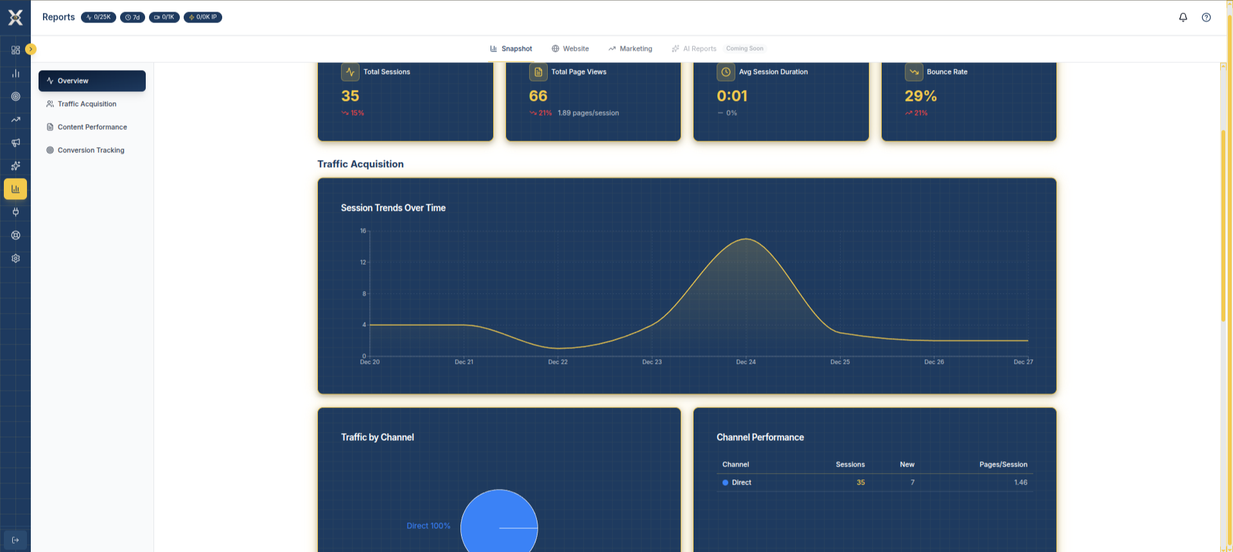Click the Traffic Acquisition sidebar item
[x=87, y=104]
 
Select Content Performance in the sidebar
[x=92, y=127]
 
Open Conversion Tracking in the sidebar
[x=91, y=150]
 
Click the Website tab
[x=570, y=49]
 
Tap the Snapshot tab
[x=511, y=49]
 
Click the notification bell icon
[x=1183, y=17]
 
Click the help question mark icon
[x=1206, y=17]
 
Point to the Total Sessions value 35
[x=350, y=96]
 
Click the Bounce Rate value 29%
[x=920, y=96]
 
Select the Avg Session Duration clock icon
[x=726, y=72]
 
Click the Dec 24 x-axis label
[x=746, y=362]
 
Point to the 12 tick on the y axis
[x=363, y=262]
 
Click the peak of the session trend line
[x=746, y=239]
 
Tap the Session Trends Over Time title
[x=393, y=208]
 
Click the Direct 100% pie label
[x=428, y=526]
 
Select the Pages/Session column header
[x=1002, y=465]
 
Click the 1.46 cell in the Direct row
[x=1020, y=483]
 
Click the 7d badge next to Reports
[x=132, y=17]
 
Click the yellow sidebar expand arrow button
[x=31, y=49]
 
